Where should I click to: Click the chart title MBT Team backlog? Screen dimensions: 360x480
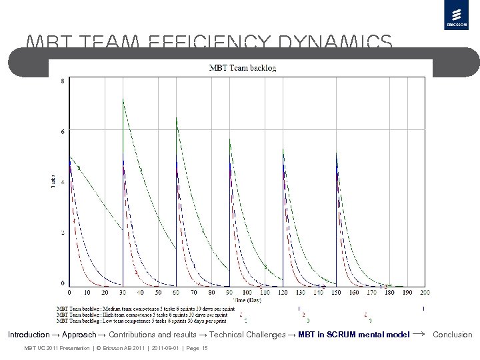click(243, 67)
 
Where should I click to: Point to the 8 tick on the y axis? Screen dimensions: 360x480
click(63, 81)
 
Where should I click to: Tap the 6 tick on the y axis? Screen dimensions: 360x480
click(63, 131)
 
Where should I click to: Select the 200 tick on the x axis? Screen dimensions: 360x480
click(425, 292)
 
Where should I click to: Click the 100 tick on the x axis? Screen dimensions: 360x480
click(247, 292)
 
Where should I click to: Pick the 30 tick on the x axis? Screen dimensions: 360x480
click(123, 292)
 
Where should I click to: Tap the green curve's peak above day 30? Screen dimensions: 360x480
click(123, 99)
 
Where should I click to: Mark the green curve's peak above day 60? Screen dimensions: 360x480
click(177, 118)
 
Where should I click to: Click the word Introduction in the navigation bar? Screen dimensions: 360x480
click(29, 335)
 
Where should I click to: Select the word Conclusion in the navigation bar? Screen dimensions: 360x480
click(452, 335)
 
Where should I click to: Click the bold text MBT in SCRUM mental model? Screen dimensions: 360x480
click(353, 335)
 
